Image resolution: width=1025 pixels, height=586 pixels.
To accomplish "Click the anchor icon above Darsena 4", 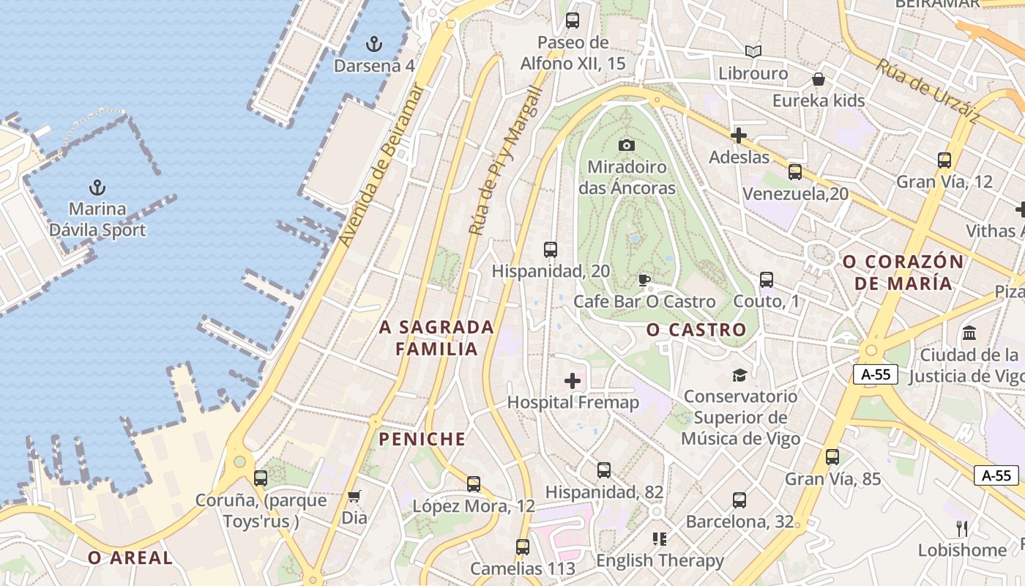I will point(374,44).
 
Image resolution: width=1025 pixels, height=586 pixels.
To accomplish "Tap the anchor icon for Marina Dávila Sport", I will point(97,188).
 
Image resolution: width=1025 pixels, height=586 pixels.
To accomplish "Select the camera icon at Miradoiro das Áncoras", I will point(626,145).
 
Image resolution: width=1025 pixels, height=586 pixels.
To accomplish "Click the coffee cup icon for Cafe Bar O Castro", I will point(644,280).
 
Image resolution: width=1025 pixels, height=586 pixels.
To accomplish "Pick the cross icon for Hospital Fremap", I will point(573,380).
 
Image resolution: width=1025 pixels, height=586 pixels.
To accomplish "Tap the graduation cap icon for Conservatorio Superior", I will point(739,375).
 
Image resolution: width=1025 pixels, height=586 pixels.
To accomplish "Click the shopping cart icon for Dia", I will point(354,496).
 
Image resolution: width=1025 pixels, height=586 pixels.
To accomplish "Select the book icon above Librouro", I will point(753,51).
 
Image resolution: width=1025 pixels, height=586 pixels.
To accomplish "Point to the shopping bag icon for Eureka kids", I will point(819,78).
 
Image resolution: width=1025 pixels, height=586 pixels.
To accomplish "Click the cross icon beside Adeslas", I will point(739,136).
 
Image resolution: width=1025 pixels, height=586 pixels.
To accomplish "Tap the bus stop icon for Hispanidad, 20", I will point(551,250).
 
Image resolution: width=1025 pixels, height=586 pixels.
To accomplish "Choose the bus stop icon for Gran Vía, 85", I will point(832,457).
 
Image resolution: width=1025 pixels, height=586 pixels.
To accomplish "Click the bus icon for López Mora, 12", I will point(474,484).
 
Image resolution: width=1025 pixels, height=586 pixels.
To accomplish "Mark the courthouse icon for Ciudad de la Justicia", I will point(969,333).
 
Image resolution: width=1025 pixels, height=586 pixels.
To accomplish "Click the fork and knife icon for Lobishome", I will point(962,528).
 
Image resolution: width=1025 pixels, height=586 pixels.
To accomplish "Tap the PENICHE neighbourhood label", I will point(422,439).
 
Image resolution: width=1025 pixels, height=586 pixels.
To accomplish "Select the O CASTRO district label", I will point(696,330).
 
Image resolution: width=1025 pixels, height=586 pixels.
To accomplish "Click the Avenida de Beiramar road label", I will point(382,165).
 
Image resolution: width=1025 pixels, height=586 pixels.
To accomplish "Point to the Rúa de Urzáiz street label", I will point(928,91).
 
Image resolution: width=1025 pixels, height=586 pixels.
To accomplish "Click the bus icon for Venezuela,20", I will point(795,172).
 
